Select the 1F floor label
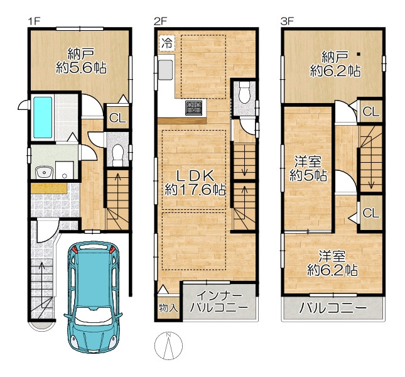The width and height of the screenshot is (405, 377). (x=35, y=21)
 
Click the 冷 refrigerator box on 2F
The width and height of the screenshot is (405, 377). (x=167, y=42)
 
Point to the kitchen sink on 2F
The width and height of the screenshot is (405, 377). (x=165, y=70)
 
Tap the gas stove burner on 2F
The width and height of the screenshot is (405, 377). (x=193, y=108)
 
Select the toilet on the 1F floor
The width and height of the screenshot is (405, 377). (x=118, y=155)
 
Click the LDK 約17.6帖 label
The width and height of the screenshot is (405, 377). (x=195, y=183)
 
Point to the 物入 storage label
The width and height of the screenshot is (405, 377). (x=168, y=308)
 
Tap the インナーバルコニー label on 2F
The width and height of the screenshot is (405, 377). (x=219, y=302)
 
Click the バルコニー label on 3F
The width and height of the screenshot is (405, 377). (x=333, y=308)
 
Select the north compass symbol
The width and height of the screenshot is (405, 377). (x=168, y=346)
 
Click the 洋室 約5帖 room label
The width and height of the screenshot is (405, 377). (x=308, y=169)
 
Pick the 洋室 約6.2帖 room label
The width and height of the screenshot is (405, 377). (x=332, y=263)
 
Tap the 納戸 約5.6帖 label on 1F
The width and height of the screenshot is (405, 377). (x=81, y=61)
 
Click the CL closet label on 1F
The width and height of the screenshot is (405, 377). (x=117, y=118)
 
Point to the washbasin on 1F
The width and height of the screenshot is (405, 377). (x=44, y=172)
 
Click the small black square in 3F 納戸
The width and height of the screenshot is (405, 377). (x=359, y=54)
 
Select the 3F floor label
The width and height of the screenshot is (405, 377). (x=288, y=21)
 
